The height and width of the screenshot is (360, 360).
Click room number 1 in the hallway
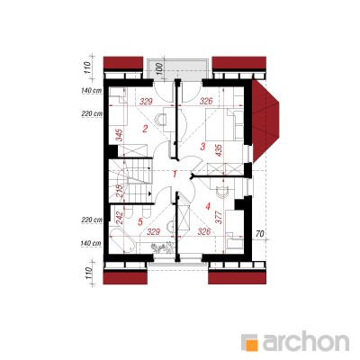(175, 174)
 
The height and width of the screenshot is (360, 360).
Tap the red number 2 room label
(145, 130)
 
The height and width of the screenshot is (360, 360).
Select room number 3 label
(202, 147)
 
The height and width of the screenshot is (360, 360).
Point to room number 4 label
(208, 206)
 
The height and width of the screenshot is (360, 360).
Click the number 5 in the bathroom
(139, 222)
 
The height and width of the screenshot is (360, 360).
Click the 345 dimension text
(120, 135)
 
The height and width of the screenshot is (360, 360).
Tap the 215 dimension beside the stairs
(120, 191)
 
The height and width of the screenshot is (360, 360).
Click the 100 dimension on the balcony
(159, 68)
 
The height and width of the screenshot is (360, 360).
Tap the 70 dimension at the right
(260, 234)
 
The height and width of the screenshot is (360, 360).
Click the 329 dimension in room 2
(147, 102)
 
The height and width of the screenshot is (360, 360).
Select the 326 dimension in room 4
(204, 231)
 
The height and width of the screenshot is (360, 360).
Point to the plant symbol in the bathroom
(162, 247)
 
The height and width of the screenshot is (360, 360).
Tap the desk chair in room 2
(161, 119)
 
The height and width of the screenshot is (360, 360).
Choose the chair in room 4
(222, 192)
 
